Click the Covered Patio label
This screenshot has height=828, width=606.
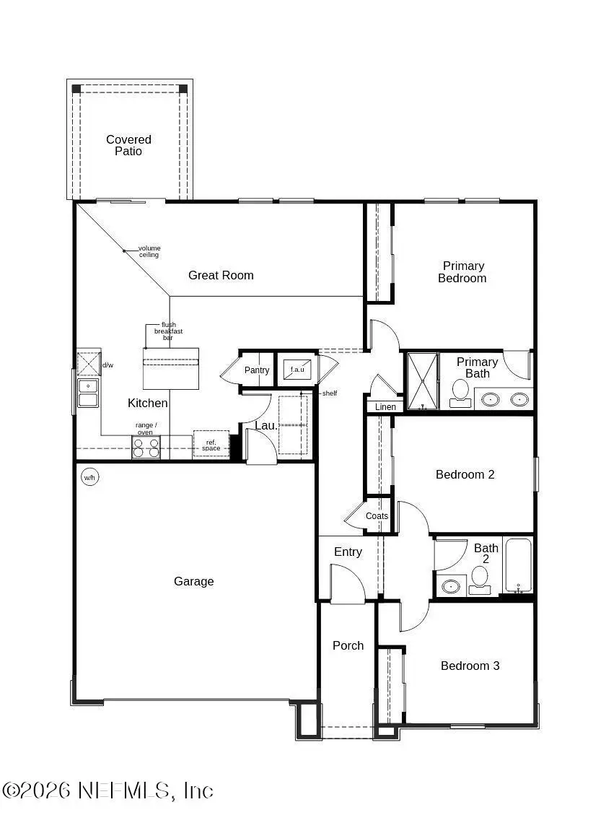point(128,145)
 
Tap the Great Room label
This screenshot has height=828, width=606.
point(221,275)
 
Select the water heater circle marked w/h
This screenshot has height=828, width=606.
point(89,477)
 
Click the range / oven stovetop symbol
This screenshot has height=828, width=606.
point(146,448)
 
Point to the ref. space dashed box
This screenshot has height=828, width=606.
point(211,444)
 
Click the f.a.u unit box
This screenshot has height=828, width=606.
point(297,370)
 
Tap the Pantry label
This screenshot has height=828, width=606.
point(256,370)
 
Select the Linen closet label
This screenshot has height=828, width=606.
point(385,407)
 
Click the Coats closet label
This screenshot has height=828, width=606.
point(377,516)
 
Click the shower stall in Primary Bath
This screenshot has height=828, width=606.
point(421,380)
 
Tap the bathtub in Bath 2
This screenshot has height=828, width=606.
point(518,565)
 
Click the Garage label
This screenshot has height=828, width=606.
point(193,581)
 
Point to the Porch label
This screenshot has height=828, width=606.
point(348,645)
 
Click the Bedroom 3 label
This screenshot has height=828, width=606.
point(470,666)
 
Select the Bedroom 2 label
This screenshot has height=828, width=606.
point(465,474)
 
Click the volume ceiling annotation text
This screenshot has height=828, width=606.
point(149,251)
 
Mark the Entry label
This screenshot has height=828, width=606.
point(348,552)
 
